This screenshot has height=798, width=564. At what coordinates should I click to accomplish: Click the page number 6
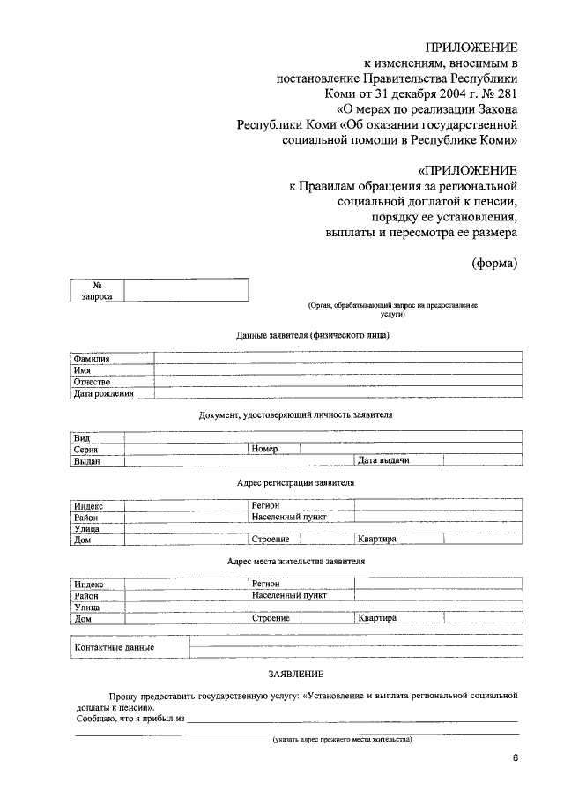point(515,759)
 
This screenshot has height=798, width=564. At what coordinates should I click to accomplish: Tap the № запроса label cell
point(97,291)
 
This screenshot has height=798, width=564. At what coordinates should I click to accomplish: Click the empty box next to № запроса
point(186,291)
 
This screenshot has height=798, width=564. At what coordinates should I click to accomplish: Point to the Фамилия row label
point(92,359)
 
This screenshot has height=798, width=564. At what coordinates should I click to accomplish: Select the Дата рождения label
point(104,393)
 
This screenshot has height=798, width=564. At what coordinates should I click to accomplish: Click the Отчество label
point(92,382)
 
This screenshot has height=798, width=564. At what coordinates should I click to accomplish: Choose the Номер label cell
point(264,449)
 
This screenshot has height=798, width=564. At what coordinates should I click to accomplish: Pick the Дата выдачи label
point(385,460)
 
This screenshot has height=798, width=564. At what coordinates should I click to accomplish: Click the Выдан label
point(87,460)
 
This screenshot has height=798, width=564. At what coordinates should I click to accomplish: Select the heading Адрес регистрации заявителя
point(295,484)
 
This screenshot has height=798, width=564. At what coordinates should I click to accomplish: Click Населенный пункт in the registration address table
point(288,518)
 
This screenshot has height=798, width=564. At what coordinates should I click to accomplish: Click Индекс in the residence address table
point(89,584)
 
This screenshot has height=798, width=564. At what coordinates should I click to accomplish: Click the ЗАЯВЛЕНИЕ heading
point(295,674)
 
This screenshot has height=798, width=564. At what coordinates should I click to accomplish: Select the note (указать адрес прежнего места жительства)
point(342,739)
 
